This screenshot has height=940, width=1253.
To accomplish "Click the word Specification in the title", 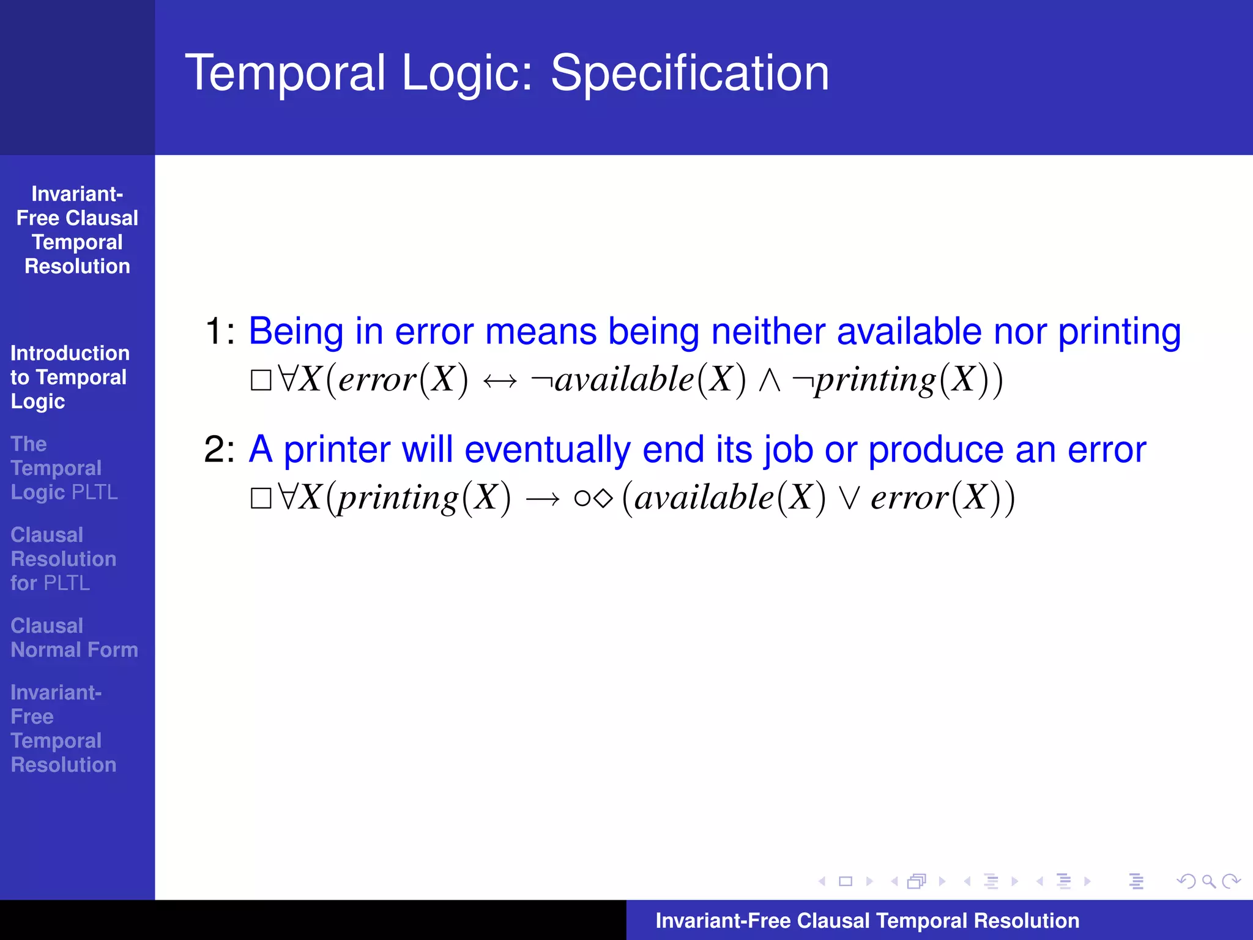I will point(690,73).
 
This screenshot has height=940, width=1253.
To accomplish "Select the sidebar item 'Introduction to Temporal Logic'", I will point(69,377).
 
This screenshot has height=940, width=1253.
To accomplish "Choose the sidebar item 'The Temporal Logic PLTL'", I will point(64,468).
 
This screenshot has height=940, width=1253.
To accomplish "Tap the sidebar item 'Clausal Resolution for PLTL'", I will point(63,559).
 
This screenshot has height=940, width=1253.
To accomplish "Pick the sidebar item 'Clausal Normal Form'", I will point(74,638).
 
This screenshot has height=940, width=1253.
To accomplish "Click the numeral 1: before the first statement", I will point(219,332).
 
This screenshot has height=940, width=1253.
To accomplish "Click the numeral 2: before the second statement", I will point(219,450).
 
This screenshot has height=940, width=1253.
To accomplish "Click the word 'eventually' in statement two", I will point(547,450).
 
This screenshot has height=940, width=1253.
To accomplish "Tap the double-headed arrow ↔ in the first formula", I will point(500,381).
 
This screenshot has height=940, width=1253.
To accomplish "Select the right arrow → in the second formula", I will point(542,499).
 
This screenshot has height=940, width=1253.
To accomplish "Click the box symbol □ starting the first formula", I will point(261,381).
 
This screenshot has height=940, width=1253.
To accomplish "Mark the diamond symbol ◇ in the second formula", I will point(603,498).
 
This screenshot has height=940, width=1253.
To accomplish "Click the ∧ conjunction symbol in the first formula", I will point(769,381).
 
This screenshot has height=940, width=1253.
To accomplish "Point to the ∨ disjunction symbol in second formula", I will point(849,498).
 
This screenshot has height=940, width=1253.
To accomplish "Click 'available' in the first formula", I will point(624,379).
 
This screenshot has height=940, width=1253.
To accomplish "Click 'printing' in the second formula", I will point(398,498).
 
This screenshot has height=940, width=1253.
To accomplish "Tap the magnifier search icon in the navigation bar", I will point(1208,881).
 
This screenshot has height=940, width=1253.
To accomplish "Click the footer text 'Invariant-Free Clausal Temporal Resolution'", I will point(867,920).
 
